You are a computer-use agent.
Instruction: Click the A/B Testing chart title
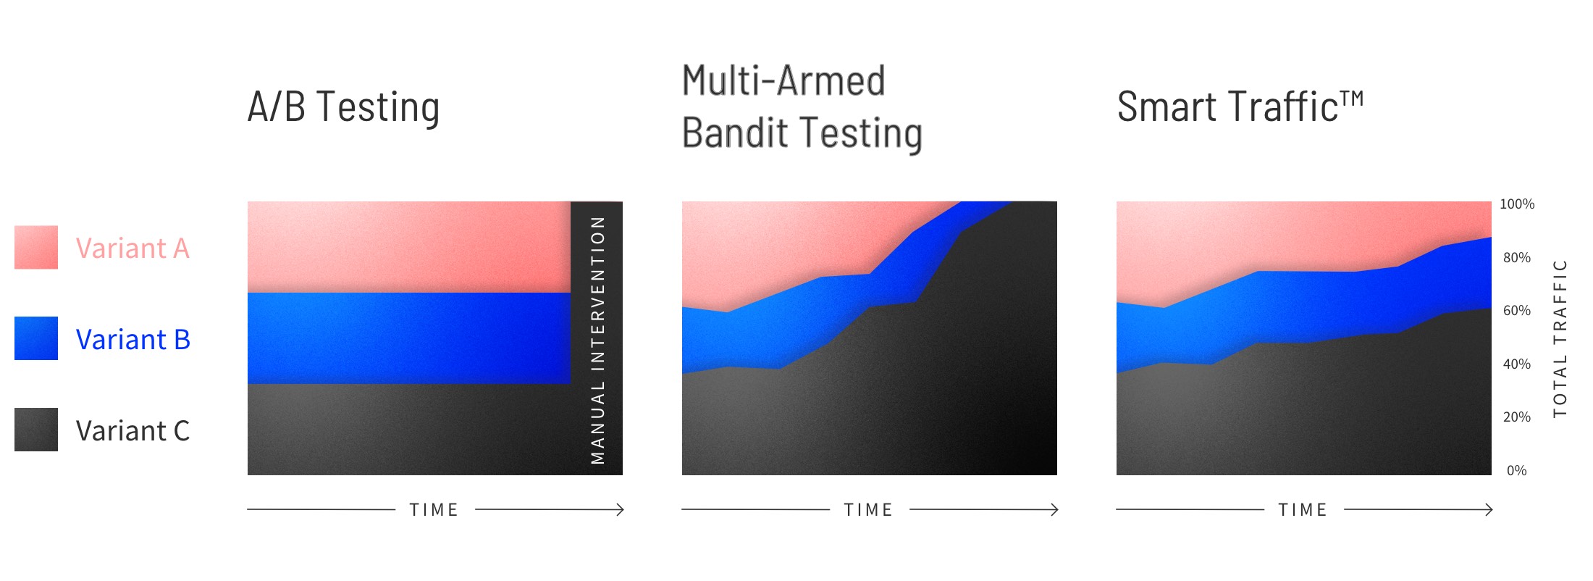click(343, 107)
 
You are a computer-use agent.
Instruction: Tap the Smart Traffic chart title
click(1239, 107)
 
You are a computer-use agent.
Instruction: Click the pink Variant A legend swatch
click(36, 247)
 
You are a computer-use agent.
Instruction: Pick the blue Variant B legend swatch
click(36, 338)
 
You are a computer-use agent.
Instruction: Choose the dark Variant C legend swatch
click(36, 430)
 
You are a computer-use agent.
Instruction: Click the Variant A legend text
click(133, 248)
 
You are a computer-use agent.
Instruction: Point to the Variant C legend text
click(133, 431)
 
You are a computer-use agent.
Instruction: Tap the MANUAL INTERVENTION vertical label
click(597, 339)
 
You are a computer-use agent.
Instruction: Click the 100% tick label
click(1516, 204)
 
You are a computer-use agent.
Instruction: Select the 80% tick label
click(1516, 258)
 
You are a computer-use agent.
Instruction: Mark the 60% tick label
click(1516, 311)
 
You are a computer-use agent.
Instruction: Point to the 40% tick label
click(1516, 364)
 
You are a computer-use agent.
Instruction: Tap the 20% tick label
click(1516, 417)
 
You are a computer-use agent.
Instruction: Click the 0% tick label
click(1516, 471)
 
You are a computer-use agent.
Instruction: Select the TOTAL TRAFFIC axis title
click(1560, 338)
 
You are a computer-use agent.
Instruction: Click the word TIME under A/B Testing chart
click(434, 510)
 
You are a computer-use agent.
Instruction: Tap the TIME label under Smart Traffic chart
click(1303, 510)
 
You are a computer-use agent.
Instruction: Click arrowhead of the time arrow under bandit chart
click(1055, 510)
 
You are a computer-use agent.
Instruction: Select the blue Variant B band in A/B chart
click(409, 338)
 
